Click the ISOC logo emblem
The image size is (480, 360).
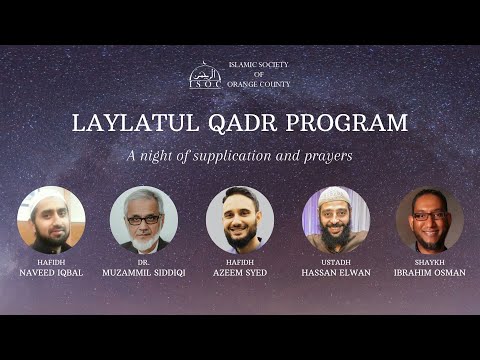[x=205, y=76]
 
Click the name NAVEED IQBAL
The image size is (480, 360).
[x=51, y=272]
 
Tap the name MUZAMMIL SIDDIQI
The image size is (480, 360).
[x=144, y=272]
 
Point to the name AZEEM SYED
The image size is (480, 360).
[x=240, y=272]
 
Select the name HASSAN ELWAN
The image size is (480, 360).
[x=336, y=272]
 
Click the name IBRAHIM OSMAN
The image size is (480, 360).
[x=429, y=272]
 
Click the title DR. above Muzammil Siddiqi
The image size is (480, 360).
[x=144, y=261]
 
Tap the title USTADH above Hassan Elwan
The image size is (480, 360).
[x=336, y=261]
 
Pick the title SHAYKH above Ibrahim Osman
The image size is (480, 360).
[x=429, y=261]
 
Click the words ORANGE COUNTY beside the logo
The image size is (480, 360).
[x=259, y=84]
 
